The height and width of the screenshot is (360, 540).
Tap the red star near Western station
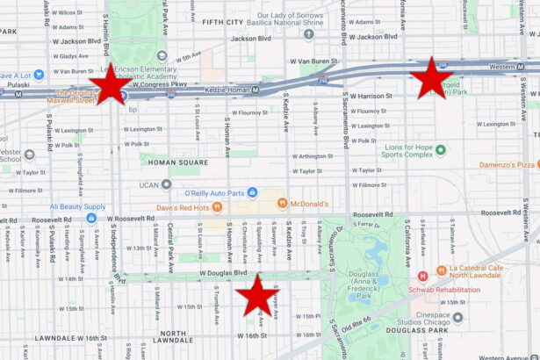(x=431, y=77)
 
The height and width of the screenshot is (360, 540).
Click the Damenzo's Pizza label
(x=508, y=164)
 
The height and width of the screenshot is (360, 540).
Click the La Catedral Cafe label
(x=481, y=269)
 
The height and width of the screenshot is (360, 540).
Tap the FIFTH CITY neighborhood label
(x=223, y=21)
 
